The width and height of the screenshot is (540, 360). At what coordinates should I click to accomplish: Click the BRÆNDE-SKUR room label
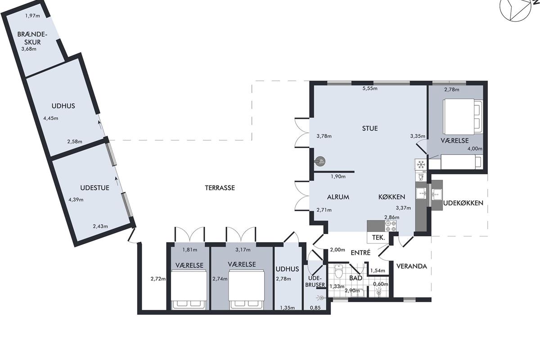(x=32, y=38)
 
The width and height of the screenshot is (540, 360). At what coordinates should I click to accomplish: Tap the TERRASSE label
(x=220, y=188)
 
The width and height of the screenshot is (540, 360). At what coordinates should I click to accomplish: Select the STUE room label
(x=370, y=128)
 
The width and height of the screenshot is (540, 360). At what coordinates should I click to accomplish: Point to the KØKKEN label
(x=391, y=197)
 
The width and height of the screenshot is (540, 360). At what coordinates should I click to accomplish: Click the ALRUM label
(x=338, y=197)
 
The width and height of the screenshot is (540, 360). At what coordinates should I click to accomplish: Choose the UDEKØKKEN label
(x=463, y=203)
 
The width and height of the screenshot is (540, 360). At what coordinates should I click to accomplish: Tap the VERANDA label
(x=411, y=266)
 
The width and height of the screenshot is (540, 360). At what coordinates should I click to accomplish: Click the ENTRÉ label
(x=360, y=252)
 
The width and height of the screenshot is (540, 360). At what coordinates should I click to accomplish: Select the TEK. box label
(x=378, y=238)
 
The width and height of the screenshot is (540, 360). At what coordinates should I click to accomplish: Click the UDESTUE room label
(x=95, y=188)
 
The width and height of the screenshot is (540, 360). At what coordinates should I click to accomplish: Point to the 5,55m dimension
(x=370, y=89)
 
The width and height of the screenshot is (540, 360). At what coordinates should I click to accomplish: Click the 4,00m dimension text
(x=475, y=149)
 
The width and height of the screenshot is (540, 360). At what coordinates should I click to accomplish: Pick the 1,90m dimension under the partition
(x=338, y=176)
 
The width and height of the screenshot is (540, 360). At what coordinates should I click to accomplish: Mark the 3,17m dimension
(x=243, y=250)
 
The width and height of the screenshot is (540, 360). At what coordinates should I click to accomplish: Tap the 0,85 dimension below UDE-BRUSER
(x=315, y=308)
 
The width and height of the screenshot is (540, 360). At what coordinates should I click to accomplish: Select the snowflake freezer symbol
(x=421, y=164)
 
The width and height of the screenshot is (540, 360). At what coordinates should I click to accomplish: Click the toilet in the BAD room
(x=339, y=272)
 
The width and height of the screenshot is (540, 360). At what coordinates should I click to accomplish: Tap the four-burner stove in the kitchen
(x=391, y=226)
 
